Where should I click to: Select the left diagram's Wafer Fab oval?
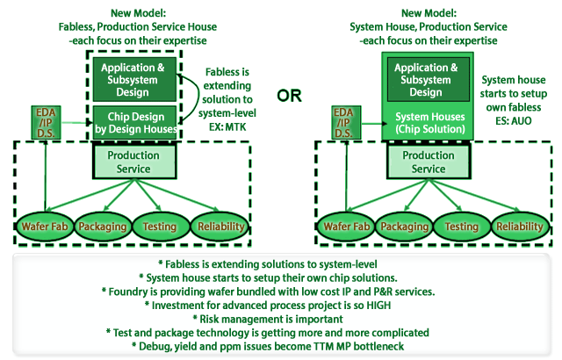click(43, 226)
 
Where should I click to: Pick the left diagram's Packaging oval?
click(103, 226)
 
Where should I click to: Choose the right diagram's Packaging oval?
click(404, 226)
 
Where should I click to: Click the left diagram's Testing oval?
click(159, 226)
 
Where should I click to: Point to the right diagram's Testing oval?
click(461, 226)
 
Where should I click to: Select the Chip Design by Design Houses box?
click(134, 123)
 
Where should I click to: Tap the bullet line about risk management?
click(281, 318)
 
